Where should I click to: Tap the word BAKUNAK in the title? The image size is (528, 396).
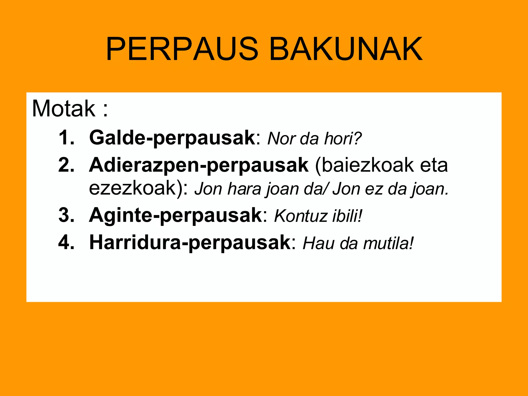tap(346, 49)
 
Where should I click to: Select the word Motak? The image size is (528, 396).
tap(63, 109)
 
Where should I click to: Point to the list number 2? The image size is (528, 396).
tap(66, 165)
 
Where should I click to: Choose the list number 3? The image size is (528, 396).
tap(66, 215)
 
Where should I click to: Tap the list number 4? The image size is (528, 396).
tap(66, 243)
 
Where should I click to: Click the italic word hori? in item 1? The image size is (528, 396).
tap(343, 139)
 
